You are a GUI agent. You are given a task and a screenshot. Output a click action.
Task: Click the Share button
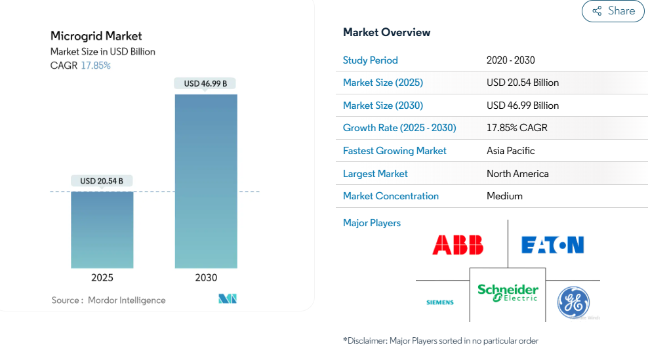coord(613,10)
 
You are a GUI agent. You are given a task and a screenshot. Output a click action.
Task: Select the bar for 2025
coord(102,230)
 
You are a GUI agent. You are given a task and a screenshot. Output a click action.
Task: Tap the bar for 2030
coord(206,181)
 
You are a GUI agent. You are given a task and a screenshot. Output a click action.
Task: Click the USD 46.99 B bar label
coord(205,83)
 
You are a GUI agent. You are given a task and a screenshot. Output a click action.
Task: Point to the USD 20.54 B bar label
coord(102,181)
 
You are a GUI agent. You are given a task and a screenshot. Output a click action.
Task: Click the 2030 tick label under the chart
coord(206,278)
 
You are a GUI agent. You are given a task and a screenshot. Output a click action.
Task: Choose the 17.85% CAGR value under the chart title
coord(96,66)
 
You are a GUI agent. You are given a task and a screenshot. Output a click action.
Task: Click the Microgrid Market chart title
coord(96,36)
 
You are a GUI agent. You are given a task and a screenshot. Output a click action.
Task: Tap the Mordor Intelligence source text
coord(127,300)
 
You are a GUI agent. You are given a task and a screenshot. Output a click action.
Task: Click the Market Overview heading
coord(386,32)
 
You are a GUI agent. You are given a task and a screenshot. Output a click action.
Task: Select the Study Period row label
coord(371,60)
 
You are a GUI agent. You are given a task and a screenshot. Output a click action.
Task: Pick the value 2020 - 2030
coord(510,60)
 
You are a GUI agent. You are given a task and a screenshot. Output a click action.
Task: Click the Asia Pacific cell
coord(510,151)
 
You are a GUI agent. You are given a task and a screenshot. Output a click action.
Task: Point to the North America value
coord(517,174)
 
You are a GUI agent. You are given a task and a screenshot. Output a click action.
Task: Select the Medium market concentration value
coord(504,196)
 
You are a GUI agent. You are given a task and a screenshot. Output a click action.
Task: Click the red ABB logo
coord(458,245)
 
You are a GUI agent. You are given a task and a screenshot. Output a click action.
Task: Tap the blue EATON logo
coord(552,245)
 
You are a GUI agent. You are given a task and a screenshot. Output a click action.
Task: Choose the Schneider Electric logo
coord(508,293)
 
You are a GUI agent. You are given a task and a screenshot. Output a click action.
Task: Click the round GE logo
coord(573,302)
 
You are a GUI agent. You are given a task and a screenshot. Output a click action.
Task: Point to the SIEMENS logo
coord(440,302)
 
